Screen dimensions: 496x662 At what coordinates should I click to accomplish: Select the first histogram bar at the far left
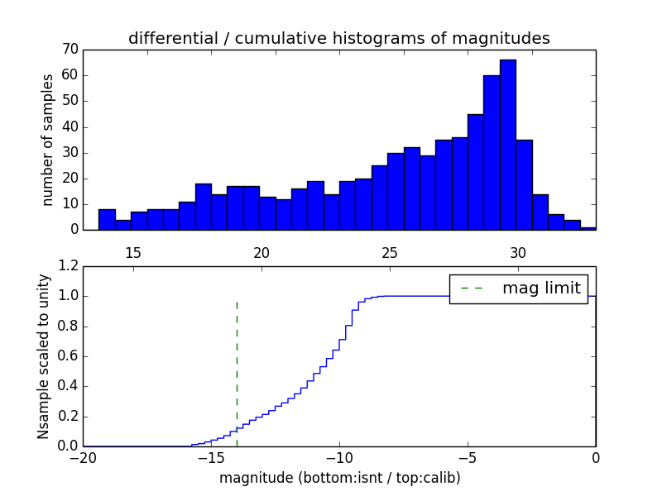point(107,219)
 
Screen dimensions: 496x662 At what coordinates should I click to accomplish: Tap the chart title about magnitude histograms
point(339,38)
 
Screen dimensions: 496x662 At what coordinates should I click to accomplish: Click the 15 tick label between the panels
point(132,251)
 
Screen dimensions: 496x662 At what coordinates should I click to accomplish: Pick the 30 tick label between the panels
point(518,251)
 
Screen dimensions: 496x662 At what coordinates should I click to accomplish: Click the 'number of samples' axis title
point(48,140)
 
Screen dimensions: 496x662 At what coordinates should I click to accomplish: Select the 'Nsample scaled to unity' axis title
point(45,355)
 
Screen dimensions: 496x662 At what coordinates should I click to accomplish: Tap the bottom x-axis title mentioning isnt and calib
point(339,478)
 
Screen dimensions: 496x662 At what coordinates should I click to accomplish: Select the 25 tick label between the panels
point(390,251)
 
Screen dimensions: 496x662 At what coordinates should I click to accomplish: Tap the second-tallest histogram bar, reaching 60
point(492,152)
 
